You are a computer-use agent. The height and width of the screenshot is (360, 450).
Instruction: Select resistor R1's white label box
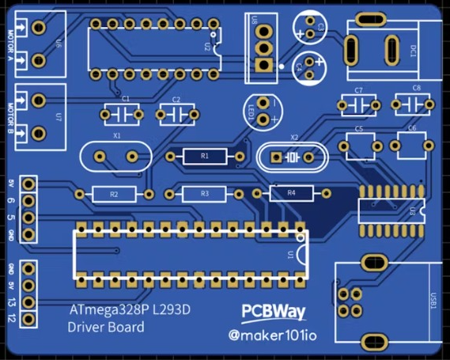205,156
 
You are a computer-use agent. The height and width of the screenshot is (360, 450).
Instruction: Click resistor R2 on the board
114,193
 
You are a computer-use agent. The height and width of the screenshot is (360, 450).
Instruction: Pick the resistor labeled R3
205,193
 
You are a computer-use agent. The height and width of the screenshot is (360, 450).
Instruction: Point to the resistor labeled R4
291,192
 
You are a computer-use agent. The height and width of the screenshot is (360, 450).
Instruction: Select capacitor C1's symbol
123,115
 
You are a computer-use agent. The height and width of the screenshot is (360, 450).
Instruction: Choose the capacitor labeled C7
359,104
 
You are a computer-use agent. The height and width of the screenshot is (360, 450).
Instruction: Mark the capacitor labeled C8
410,104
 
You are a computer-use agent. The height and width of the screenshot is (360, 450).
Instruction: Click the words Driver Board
106,327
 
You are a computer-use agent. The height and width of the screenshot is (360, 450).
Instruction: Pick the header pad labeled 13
29,301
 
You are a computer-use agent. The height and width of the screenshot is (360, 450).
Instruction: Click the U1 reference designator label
292,255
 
